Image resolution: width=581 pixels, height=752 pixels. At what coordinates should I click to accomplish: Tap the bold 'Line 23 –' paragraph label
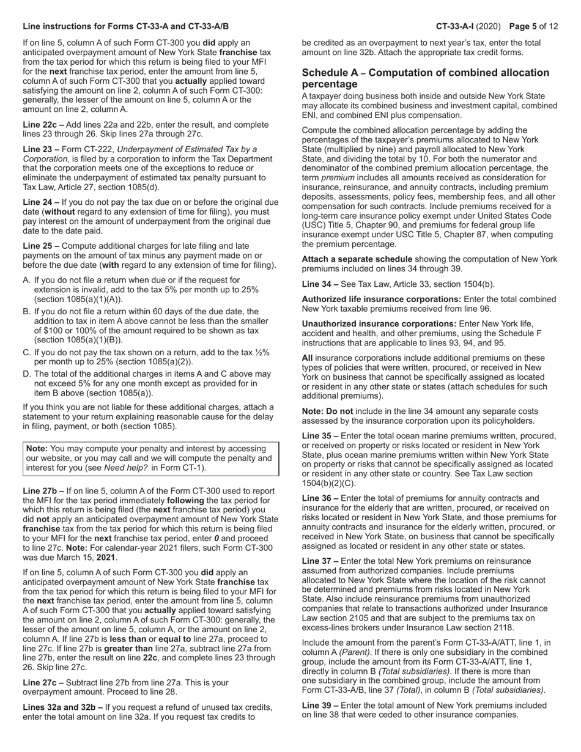point(41,149)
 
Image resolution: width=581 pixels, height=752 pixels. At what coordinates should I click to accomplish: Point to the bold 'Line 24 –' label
point(41,202)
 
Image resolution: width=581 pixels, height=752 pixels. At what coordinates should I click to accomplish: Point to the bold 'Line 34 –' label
point(320,284)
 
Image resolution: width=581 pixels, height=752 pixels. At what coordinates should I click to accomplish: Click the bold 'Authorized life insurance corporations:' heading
point(381,299)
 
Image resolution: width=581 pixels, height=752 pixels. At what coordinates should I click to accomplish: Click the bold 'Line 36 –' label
point(320,498)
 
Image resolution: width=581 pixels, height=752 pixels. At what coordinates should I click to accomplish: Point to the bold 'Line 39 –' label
point(320,705)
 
